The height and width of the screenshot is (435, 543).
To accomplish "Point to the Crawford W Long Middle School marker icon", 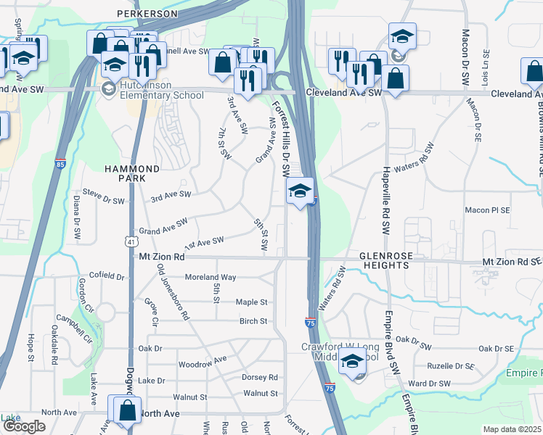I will click(x=353, y=361).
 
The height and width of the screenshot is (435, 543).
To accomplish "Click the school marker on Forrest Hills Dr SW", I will click(x=299, y=192).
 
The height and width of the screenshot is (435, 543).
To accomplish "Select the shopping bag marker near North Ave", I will click(x=127, y=410).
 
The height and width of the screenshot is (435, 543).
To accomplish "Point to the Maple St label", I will click(x=252, y=302).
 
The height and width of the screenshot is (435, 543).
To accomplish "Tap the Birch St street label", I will click(x=253, y=321).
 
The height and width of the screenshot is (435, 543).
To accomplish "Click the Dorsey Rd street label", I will click(x=260, y=377).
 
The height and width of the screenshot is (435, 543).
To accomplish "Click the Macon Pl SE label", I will click(x=487, y=210).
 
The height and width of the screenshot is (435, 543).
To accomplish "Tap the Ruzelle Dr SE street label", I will click(x=451, y=367).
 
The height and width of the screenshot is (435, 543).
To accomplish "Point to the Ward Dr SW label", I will click(x=430, y=384).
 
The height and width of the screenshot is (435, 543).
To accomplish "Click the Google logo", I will click(x=24, y=427).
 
